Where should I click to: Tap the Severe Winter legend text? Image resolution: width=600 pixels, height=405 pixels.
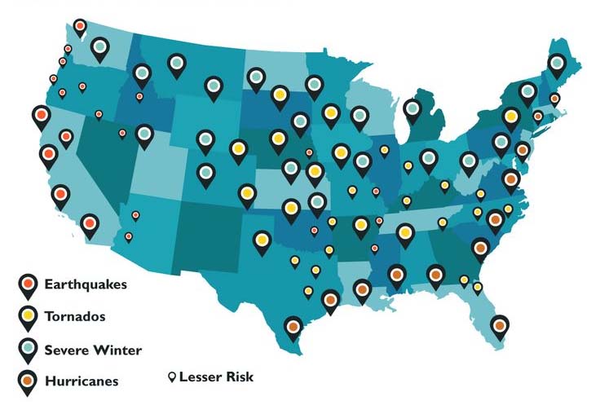pos(93,350)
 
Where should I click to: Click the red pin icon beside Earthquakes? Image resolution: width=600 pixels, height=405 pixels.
pos(29,284)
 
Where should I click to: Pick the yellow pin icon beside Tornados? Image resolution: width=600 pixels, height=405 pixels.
pos(29,315)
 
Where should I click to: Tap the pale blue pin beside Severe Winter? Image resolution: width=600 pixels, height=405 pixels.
pos(29,348)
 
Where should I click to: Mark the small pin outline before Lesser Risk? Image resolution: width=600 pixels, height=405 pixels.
pos(172,377)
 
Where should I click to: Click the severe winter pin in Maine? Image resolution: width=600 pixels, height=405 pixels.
pos(557,63)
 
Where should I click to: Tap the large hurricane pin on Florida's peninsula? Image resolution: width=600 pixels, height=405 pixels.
pos(500,325)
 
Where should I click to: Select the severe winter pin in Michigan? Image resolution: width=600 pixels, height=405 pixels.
pos(413,108)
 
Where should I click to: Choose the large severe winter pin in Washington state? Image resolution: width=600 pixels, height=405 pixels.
pos(99,47)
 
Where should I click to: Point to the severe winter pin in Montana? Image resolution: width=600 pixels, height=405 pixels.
pos(176,63)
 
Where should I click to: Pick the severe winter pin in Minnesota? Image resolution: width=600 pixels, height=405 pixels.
pos(314,83)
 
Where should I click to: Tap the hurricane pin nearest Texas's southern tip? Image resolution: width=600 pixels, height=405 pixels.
pos(294,326)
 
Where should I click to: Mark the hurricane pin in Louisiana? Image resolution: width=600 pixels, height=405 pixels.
pos(362,288)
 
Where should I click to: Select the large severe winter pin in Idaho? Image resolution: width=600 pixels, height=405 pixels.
pos(142,73)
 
